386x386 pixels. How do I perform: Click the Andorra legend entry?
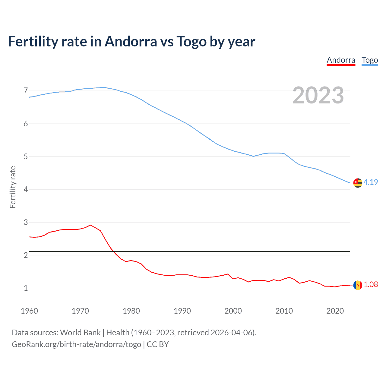(341, 60)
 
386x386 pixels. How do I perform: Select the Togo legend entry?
(370, 60)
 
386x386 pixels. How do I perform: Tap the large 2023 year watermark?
(318, 95)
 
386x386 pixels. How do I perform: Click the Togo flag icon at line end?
(358, 183)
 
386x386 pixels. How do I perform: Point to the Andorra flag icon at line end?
(358, 285)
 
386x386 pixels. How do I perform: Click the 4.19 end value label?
(371, 182)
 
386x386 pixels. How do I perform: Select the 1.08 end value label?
(371, 284)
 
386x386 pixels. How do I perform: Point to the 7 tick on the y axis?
(26, 91)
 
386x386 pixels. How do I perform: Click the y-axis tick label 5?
(26, 157)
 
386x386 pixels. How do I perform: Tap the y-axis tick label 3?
(26, 222)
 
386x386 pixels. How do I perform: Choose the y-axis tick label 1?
(26, 288)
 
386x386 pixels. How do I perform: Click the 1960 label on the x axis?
(29, 311)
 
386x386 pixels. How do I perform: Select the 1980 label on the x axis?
(131, 311)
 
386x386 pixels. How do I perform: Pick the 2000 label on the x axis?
(233, 311)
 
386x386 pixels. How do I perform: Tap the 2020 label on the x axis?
(335, 311)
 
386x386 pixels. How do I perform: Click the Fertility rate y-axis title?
(13, 187)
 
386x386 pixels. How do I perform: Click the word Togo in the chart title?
(191, 42)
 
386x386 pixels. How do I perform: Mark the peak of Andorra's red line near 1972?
(90, 225)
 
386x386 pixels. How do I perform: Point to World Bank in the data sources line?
(80, 333)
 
